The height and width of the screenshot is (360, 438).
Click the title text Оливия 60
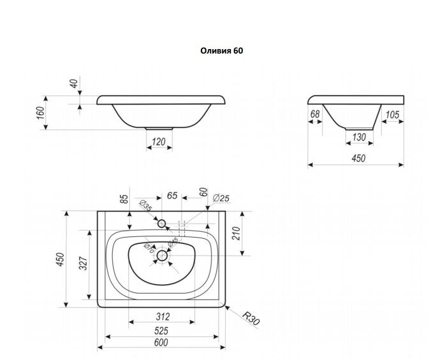(222, 50)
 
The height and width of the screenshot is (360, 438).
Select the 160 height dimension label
(40, 112)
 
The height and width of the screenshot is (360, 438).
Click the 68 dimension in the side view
(315, 115)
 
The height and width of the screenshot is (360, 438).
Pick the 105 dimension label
(393, 115)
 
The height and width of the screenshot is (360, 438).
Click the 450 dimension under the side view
(358, 159)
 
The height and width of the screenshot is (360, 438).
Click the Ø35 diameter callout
(145, 206)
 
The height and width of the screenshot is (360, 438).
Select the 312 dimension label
(163, 315)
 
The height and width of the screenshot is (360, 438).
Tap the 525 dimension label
(162, 330)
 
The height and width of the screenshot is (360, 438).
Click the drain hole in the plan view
(161, 256)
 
